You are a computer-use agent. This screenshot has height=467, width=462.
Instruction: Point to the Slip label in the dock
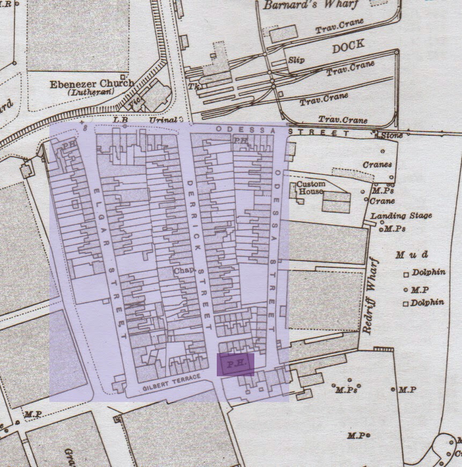click(x=296, y=60)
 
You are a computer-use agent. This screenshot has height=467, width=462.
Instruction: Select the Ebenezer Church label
click(x=92, y=84)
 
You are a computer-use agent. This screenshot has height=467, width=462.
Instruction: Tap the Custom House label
click(x=311, y=188)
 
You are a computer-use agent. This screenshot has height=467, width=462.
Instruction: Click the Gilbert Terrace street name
click(x=171, y=383)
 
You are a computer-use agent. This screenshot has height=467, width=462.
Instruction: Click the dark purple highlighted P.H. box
click(x=235, y=364)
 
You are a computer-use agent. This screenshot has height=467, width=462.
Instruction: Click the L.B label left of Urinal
click(x=120, y=119)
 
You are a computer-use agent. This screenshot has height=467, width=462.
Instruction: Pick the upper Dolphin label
click(x=428, y=273)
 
